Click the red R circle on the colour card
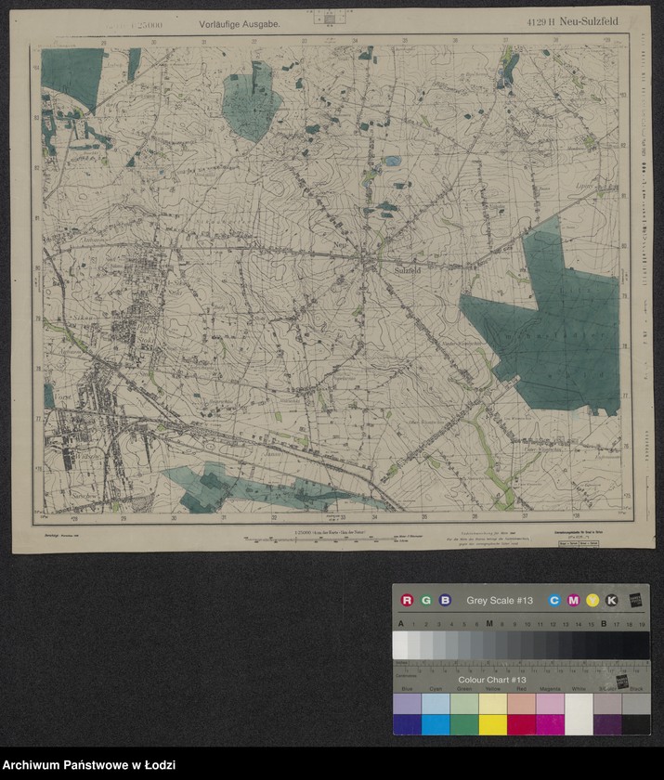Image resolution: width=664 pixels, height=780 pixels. coord(407,600)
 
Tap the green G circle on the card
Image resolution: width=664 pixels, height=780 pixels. coord(425,600)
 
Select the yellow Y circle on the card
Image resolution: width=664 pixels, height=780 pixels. coord(592,600)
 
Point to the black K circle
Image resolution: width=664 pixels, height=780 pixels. coord(611,600)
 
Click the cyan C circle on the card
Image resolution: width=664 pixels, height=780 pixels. coord(554,600)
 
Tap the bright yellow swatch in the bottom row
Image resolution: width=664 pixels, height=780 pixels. coord(492,723)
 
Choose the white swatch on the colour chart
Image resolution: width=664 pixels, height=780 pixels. coord(579,714)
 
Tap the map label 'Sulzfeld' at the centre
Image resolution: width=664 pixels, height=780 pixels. coord(409,269)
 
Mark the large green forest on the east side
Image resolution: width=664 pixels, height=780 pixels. coord(548,325)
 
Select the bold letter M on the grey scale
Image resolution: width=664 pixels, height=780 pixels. coord(488,624)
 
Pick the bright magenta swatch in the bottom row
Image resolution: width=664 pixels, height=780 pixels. coord(550,723)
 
